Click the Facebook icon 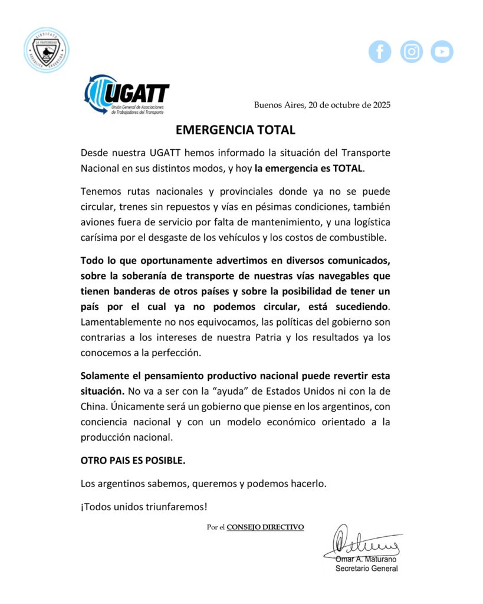click(x=380, y=51)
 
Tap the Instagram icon click(x=411, y=51)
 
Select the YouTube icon click(x=442, y=51)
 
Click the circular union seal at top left click(x=46, y=50)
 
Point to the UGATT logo click(x=126, y=94)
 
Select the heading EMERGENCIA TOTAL click(x=235, y=130)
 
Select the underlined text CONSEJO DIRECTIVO click(x=265, y=527)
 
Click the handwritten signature click(x=363, y=539)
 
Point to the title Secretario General click(x=366, y=569)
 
